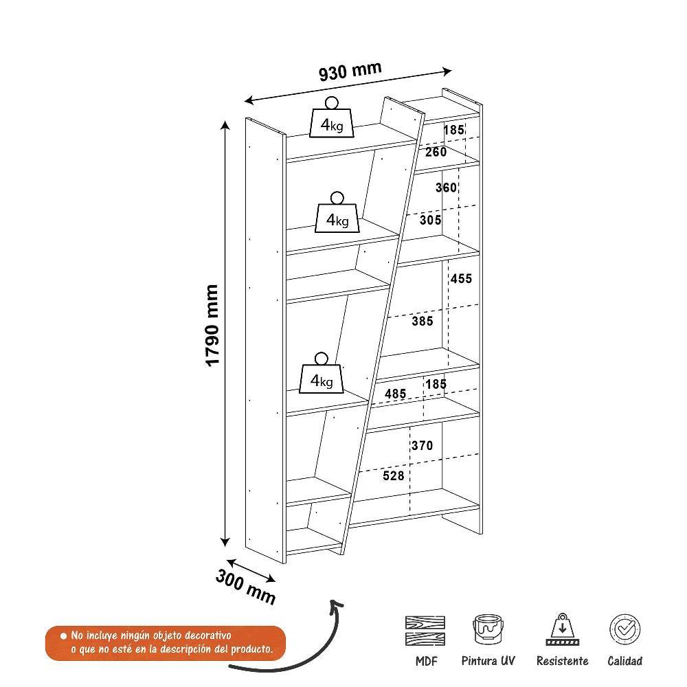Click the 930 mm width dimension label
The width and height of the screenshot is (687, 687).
click(x=350, y=71)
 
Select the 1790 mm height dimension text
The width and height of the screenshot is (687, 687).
click(x=213, y=326)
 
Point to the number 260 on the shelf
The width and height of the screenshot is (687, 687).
click(x=436, y=152)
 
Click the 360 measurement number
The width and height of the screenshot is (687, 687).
click(x=446, y=188)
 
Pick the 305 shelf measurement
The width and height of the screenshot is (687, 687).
click(x=430, y=221)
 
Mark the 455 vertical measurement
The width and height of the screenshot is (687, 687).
click(x=461, y=278)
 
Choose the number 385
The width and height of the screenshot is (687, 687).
click(x=422, y=321)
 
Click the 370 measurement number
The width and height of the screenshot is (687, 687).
click(x=422, y=446)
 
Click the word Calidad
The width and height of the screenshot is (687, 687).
click(x=625, y=661)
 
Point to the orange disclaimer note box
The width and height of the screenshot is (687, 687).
click(x=166, y=643)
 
